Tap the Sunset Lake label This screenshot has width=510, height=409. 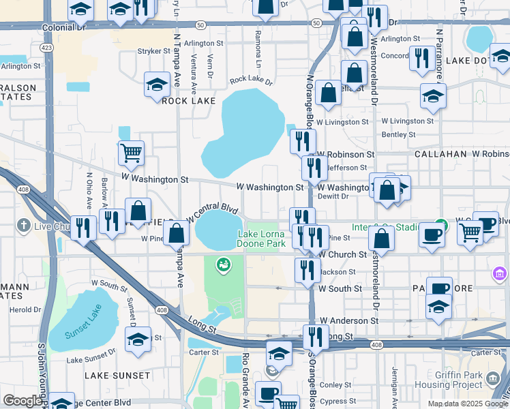82,334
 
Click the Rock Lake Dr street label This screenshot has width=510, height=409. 251,80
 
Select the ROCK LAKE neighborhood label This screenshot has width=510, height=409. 188,101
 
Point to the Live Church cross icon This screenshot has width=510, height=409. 24,226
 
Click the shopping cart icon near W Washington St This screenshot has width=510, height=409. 131,153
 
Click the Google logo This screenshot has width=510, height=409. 23,401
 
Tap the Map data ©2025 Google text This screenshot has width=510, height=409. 467,404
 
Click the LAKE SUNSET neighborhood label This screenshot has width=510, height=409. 117,376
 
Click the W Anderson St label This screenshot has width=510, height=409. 348,320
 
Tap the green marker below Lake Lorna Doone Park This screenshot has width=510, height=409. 222,264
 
